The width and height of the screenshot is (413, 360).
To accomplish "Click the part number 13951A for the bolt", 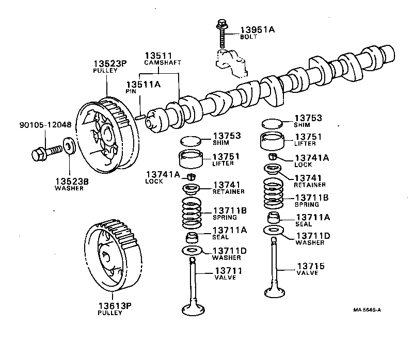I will [x=258, y=30].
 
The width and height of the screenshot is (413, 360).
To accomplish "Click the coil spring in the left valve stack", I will [x=192, y=214].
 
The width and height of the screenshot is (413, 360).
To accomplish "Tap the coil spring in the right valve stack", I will [x=273, y=194].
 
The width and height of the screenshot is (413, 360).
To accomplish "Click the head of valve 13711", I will [x=195, y=310].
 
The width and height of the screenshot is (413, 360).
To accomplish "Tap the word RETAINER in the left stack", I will [x=228, y=191].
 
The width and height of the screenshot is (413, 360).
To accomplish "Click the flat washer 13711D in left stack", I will [x=192, y=251].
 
